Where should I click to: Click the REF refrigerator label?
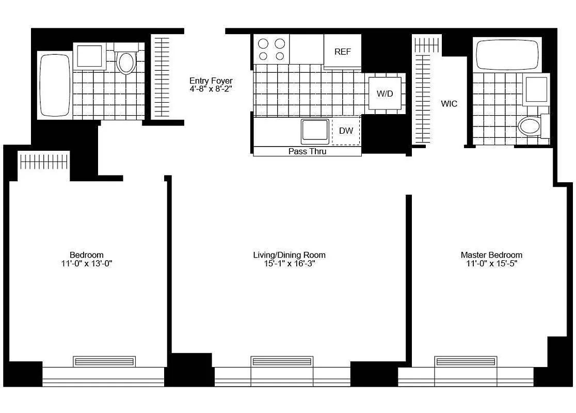pos(343,52)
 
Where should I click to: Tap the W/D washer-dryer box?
pos(385,93)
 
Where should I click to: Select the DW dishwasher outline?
pos(346,131)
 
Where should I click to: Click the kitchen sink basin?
pos(315,131)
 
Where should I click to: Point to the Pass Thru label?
pos(307,151)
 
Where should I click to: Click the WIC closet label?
pos(449,104)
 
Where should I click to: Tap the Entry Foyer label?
pos(211,81)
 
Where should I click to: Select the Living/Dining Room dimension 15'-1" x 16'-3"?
pos(289,264)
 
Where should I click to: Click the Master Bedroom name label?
pos(491,255)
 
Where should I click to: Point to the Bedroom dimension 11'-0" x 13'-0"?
pos(87,264)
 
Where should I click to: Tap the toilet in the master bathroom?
pos(530,125)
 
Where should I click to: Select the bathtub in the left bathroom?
pos(55,85)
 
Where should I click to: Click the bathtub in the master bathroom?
pos(508,54)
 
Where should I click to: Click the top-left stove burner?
pos(263,43)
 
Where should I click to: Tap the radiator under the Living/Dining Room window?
pos(282,361)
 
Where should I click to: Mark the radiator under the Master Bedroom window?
pos(466,361)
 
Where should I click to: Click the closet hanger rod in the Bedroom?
pos(44,162)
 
